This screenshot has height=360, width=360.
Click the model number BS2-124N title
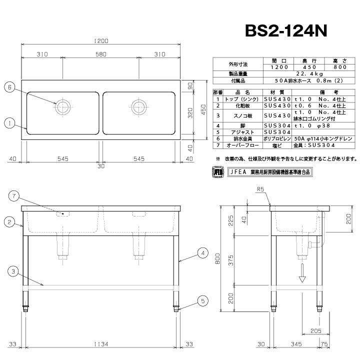pos(286,31)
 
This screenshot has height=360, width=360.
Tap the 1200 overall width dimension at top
pos(100,40)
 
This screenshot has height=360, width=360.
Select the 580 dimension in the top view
pos(100,54)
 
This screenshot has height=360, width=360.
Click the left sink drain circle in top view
pos(63,106)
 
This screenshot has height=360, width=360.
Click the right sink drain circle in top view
pos(138,106)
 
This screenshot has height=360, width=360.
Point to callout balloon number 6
pos(8,86)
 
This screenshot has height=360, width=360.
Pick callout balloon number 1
pos(8,121)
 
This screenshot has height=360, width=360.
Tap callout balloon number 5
pos(201,300)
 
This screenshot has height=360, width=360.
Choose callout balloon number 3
pos(14,271)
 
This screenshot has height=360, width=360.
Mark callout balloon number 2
pos(8,221)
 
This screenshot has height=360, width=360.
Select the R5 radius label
pos(260,189)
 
